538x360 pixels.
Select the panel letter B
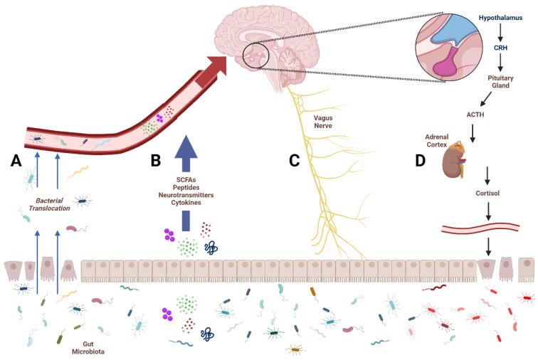[156, 162]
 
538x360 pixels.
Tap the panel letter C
[293, 162]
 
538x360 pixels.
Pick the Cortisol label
[487, 194]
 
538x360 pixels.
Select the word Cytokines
[185, 203]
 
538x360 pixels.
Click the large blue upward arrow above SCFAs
[185, 152]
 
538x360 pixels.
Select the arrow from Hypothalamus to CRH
[500, 31]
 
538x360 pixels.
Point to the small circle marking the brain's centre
[255, 55]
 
